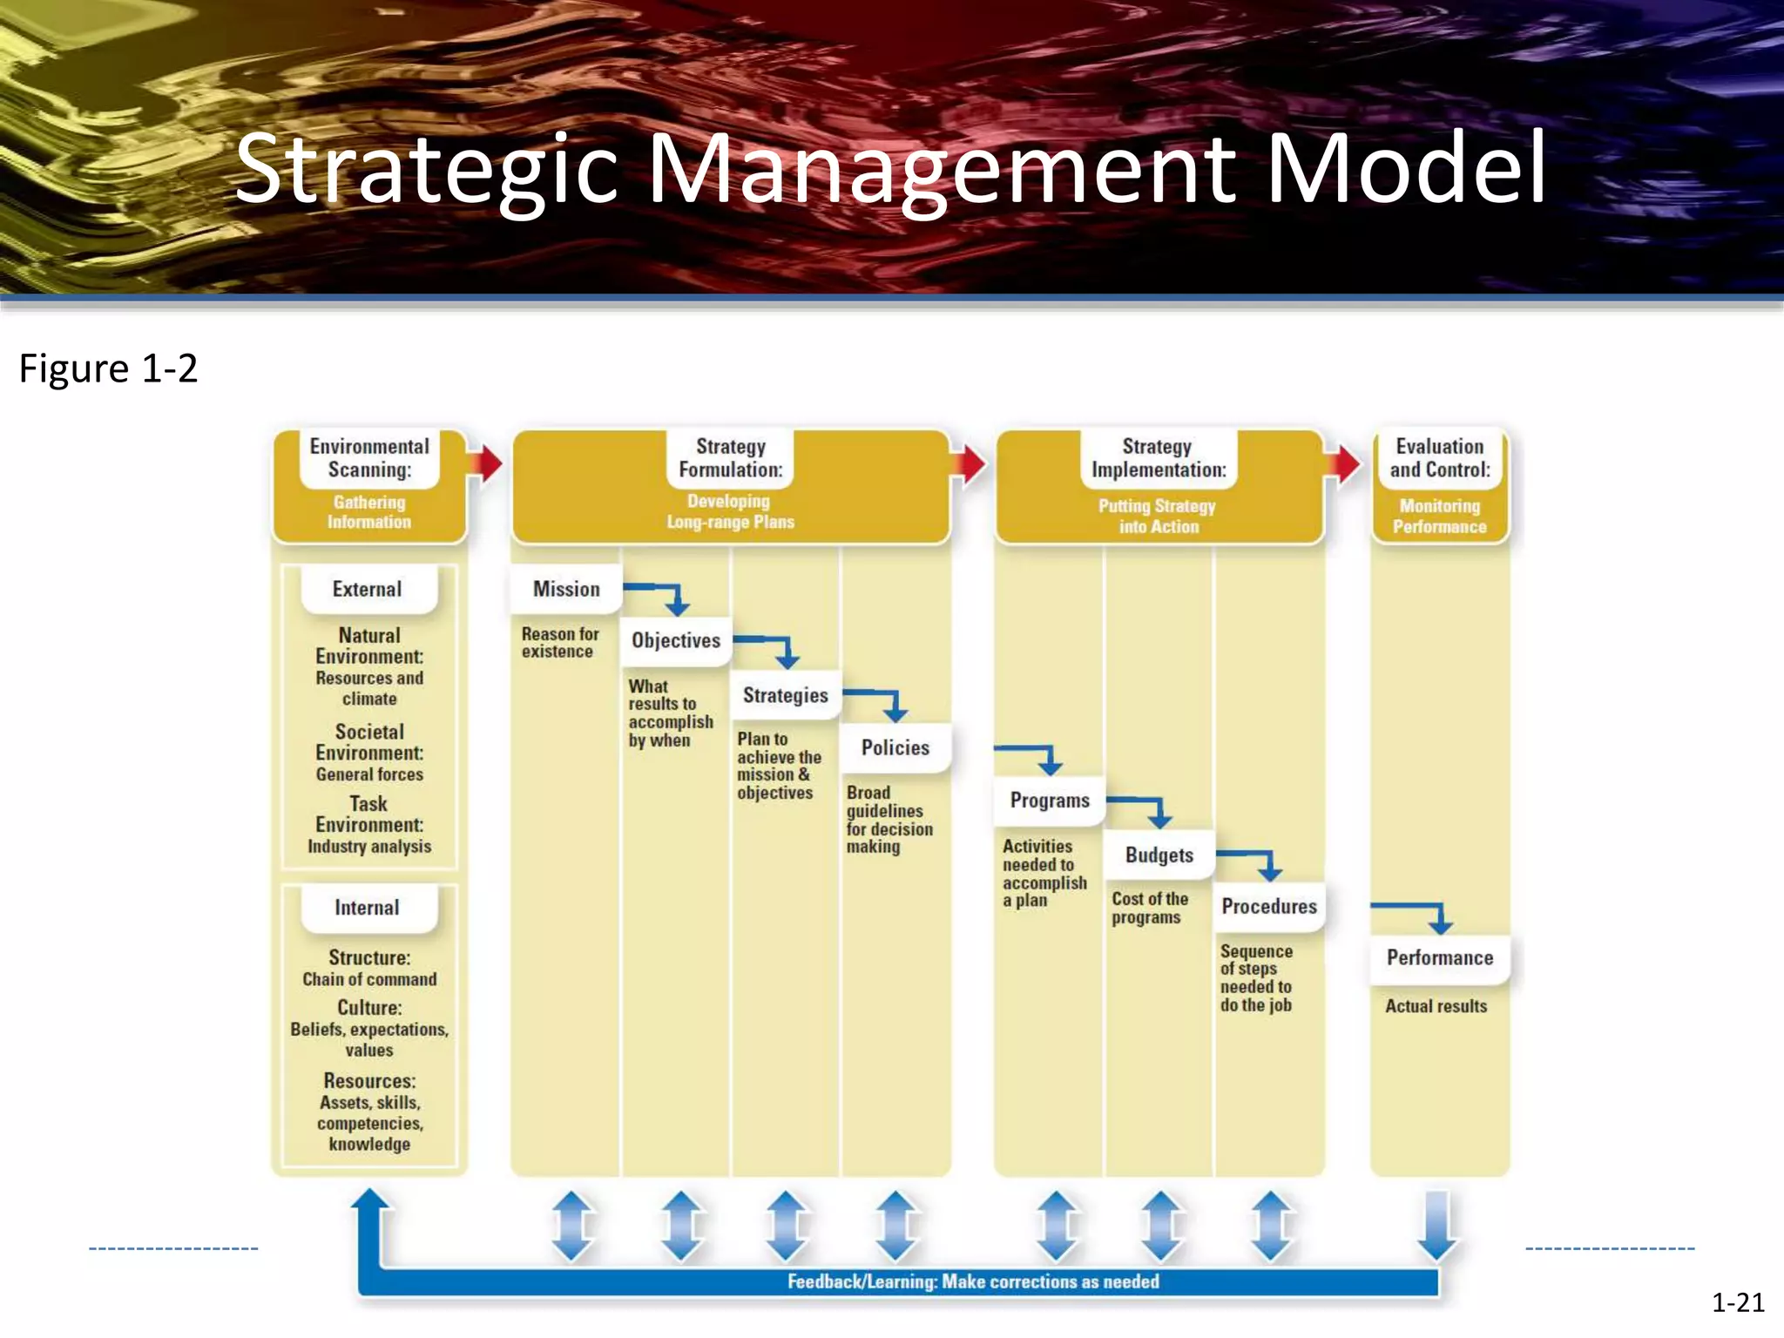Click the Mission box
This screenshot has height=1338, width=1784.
tap(566, 589)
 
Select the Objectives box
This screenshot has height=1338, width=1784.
tap(676, 641)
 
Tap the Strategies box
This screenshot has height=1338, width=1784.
tap(785, 695)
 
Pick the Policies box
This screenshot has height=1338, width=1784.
tap(895, 747)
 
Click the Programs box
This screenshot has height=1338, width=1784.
tap(1050, 801)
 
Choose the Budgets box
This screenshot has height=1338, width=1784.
tap(1159, 855)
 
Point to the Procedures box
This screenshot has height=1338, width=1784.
tap(1269, 907)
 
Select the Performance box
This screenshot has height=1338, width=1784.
tap(1439, 958)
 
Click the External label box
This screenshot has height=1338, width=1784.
tap(368, 590)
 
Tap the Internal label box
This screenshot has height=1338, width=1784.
tap(368, 908)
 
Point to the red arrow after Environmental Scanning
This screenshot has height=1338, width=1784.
tap(485, 463)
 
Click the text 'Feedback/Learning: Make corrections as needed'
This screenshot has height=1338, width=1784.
tap(973, 1281)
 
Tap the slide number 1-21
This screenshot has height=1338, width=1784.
tap(1737, 1303)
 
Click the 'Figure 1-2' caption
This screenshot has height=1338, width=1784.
tap(109, 368)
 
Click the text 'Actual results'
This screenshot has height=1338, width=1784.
tap(1436, 1006)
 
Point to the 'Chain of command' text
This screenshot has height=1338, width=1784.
tap(369, 979)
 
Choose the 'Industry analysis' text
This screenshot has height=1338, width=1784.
tap(369, 846)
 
